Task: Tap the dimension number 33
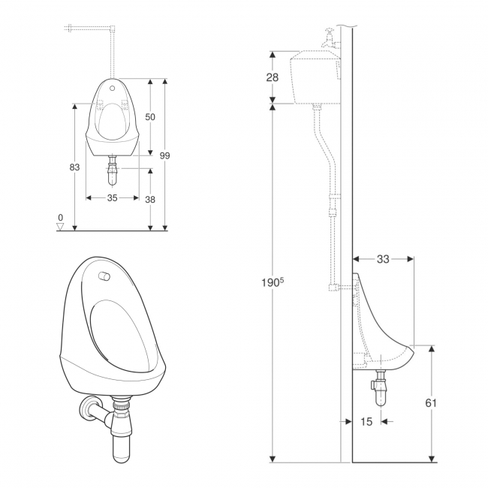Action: [x=383, y=259]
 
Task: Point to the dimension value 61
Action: [x=432, y=402]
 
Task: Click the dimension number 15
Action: [x=366, y=422]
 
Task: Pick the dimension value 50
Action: [x=150, y=117]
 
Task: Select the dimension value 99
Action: [x=164, y=155]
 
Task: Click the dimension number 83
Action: [x=74, y=167]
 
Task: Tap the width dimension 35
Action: [x=113, y=198]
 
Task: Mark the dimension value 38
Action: [x=150, y=199]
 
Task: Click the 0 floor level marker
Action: [x=60, y=217]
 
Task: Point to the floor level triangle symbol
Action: [x=61, y=227]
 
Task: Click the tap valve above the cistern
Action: [x=328, y=38]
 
